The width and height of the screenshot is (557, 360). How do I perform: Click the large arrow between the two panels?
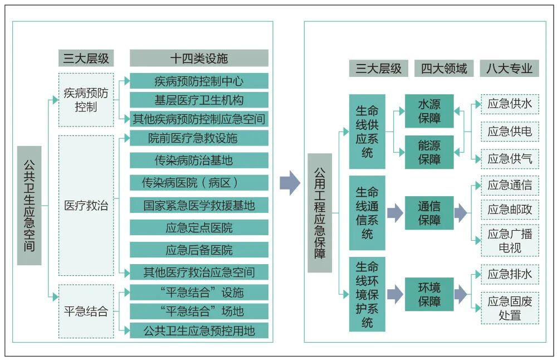coord(290,183)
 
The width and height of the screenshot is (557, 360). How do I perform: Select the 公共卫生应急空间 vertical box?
coord(29,205)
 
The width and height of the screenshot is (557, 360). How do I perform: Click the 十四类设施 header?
coord(199,58)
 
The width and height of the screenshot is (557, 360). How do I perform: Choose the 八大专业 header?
coord(509,69)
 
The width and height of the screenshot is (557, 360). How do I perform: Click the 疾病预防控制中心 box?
coord(199,81)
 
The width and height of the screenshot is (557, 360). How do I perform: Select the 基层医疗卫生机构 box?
coord(199,100)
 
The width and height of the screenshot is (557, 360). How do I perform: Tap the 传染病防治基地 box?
coord(199,160)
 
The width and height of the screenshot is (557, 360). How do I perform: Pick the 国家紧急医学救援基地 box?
coord(199,205)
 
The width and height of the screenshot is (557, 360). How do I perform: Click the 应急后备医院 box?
coord(199,250)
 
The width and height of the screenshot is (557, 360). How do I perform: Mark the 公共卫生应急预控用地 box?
coord(199,330)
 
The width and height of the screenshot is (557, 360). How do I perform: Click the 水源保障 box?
coord(429,111)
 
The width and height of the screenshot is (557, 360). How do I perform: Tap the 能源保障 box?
coord(429,152)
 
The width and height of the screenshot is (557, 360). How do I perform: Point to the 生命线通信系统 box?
coord(367,213)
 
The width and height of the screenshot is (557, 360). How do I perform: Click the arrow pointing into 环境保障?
coord(394,295)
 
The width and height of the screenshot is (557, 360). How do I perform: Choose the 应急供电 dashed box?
coord(510,132)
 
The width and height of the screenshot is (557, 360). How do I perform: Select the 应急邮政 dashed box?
coord(510,210)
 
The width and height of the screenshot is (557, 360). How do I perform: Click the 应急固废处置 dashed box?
coord(510,308)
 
